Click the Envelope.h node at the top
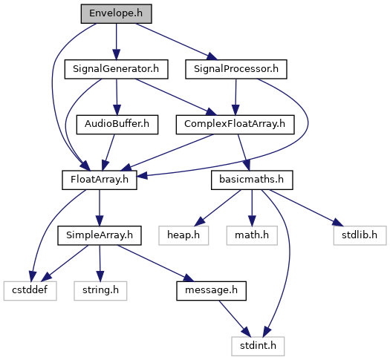116,13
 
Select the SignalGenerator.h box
116,69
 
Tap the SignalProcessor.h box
236,69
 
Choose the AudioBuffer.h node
117,125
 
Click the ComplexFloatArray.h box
235,125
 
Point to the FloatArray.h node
100,180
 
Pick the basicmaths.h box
252,180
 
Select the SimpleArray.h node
100,235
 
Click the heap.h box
183,235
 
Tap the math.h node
252,235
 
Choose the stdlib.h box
360,235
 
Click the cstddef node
30,291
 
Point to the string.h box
100,291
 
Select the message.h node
212,291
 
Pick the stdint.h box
258,347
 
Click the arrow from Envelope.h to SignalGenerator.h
116,42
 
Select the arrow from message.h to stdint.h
235,318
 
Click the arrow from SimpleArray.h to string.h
100,264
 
